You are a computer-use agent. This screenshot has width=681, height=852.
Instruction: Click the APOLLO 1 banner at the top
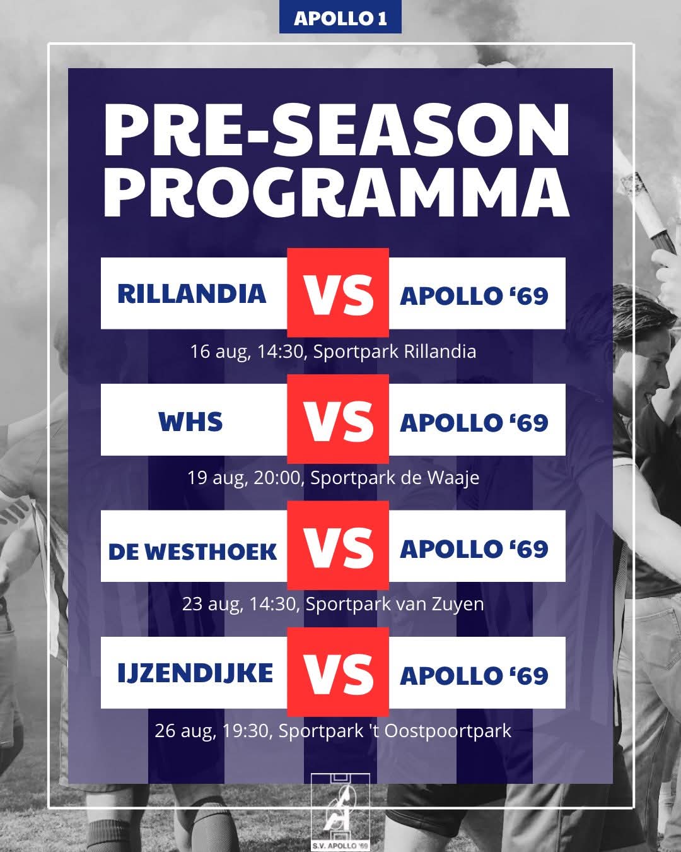tap(340, 16)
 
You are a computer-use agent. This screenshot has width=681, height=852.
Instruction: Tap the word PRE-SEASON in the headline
tap(336, 130)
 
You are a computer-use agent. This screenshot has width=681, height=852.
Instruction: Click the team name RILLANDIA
tap(192, 293)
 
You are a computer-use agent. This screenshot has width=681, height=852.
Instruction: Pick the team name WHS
tap(190, 421)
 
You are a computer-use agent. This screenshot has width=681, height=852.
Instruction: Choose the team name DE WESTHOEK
tap(192, 552)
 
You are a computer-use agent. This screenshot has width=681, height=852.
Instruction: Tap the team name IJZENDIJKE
tap(195, 673)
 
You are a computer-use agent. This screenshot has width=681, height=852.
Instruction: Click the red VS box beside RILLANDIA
tap(338, 293)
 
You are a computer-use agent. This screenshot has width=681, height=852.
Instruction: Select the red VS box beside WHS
tap(338, 419)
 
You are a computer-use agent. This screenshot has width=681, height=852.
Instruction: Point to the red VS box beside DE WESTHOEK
tap(338, 545)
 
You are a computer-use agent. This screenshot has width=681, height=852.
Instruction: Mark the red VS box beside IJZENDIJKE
tap(338, 672)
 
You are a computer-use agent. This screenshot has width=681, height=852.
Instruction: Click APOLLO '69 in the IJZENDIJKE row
tap(474, 675)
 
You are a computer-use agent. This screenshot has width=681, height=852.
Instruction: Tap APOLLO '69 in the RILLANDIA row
tap(474, 296)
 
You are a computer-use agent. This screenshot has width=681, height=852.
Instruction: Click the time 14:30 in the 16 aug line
tap(280, 352)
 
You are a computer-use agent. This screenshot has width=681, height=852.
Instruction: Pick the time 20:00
tap(277, 478)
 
